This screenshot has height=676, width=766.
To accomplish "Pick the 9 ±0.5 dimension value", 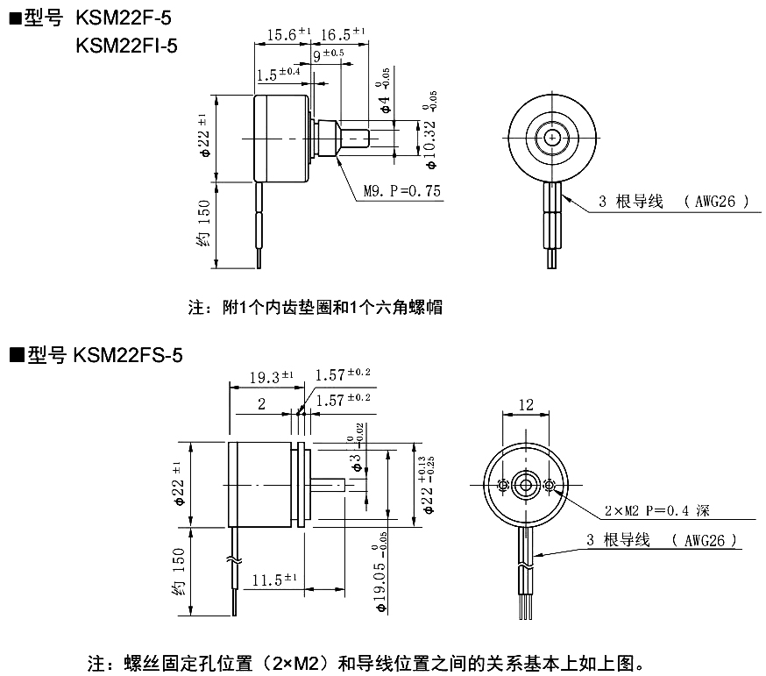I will [329, 55].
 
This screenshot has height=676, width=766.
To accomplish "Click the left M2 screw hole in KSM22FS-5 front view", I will [503, 486].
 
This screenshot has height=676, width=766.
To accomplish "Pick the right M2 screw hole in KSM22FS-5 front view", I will [549, 486].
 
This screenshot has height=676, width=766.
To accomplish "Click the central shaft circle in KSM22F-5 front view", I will [552, 138].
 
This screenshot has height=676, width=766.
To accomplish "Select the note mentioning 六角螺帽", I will [315, 308].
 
